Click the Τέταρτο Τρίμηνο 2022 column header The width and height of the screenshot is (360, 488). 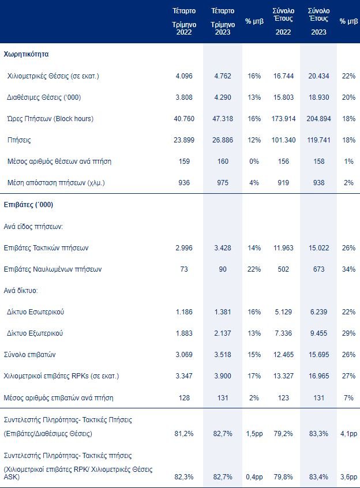(x=184, y=21)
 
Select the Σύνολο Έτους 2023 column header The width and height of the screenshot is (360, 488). (x=318, y=21)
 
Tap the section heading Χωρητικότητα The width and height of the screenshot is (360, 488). (x=26, y=54)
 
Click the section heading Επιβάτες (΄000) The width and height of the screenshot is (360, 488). (x=28, y=204)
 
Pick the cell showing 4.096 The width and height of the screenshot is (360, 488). (x=184, y=76)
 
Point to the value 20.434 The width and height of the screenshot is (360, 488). (x=318, y=76)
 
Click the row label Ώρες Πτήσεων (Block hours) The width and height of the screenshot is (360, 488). (x=50, y=119)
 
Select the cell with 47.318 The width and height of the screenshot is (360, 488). (x=223, y=119)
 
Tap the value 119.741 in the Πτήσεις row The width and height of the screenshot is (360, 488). (x=318, y=140)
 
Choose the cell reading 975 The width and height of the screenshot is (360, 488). (x=223, y=183)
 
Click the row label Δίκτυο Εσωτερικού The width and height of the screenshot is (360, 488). (x=35, y=312)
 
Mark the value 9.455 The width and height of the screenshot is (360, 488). (x=318, y=333)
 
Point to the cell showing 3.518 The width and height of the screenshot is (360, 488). (x=223, y=355)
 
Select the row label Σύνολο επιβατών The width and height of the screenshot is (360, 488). (x=29, y=355)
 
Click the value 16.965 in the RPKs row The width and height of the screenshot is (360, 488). (x=318, y=376)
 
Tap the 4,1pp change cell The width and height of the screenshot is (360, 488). (x=348, y=434)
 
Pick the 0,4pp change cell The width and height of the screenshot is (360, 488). (x=254, y=477)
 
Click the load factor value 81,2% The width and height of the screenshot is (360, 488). (x=184, y=434)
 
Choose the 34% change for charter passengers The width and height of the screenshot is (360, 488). (x=348, y=269)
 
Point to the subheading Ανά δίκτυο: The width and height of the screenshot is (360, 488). (x=21, y=291)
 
